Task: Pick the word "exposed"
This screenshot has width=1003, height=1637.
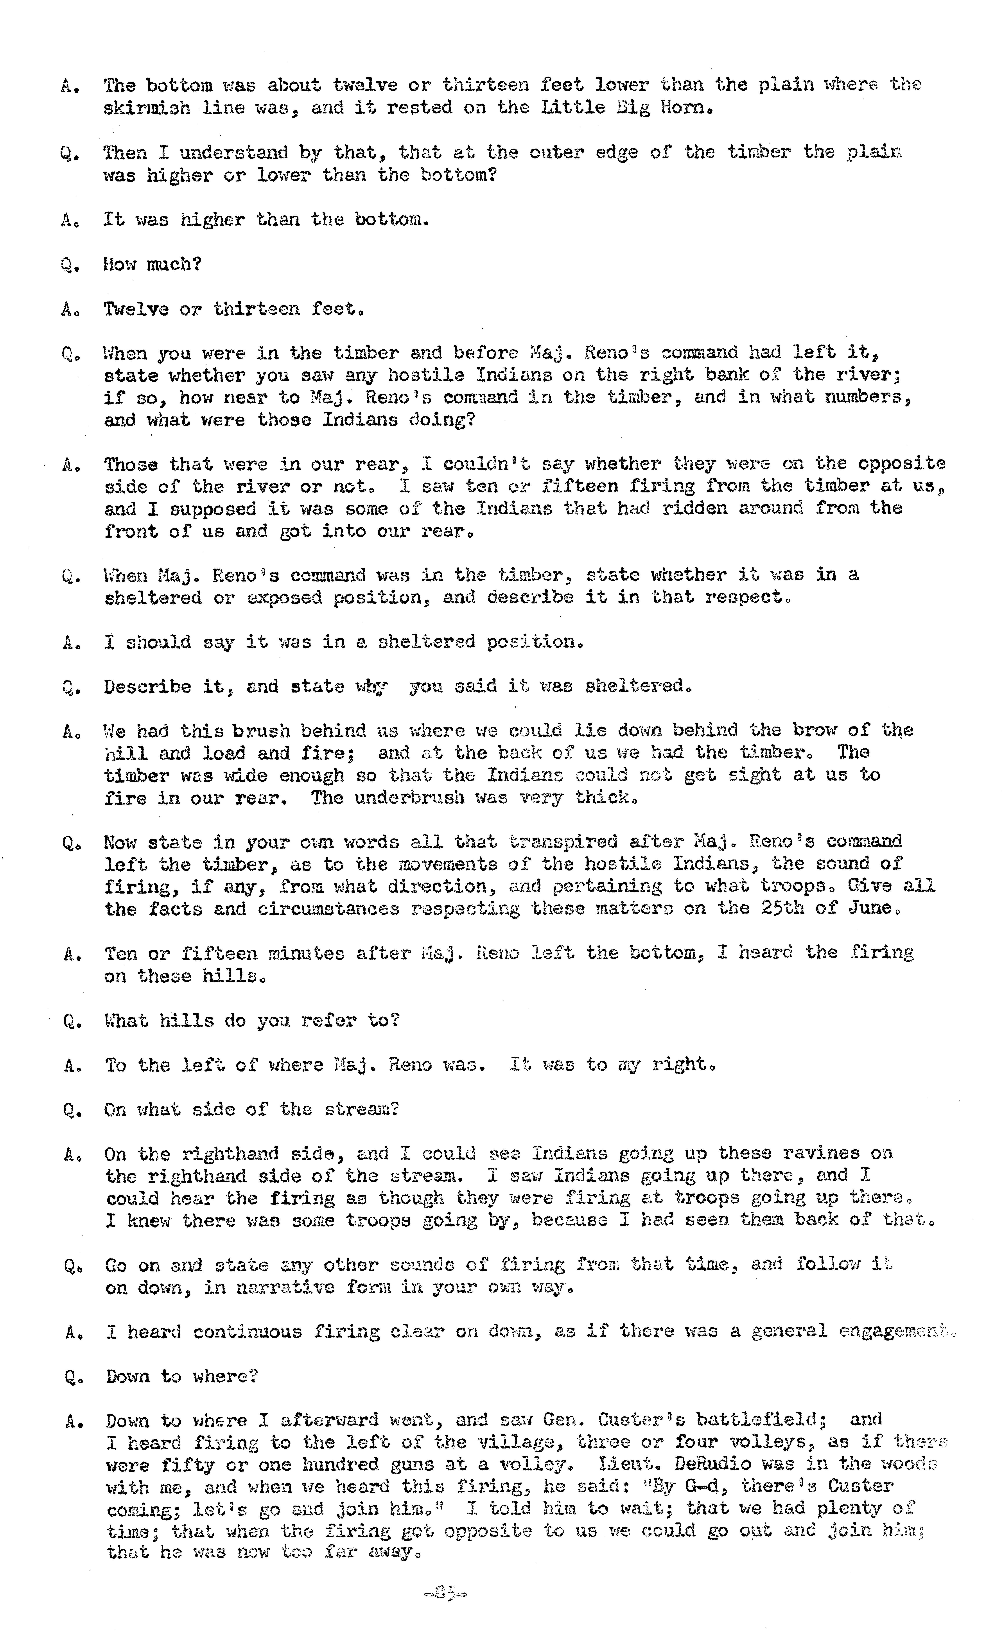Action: (x=284, y=597)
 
